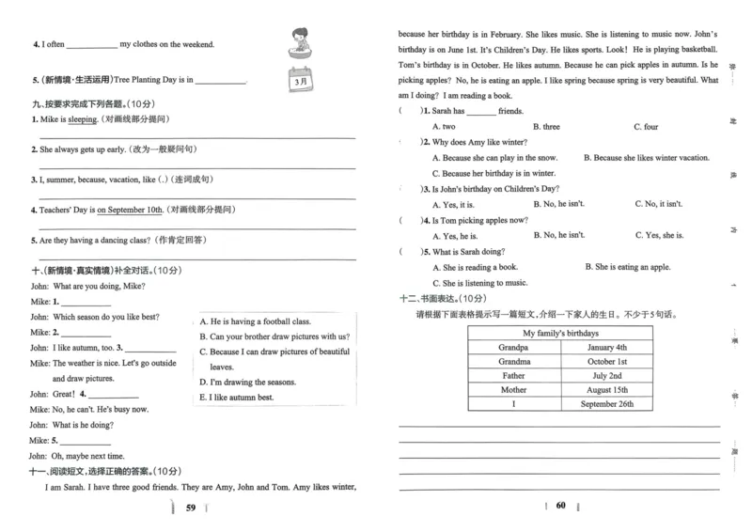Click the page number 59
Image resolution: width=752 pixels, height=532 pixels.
tap(191, 509)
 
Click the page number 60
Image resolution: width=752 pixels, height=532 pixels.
tap(560, 508)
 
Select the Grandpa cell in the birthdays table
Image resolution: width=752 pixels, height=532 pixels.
tap(513, 347)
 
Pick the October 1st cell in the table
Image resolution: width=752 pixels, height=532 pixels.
tap(606, 361)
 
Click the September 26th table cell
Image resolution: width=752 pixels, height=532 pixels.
tap(606, 404)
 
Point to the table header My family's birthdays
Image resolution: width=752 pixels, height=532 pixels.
tap(560, 333)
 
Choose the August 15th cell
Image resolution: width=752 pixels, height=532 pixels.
tap(606, 390)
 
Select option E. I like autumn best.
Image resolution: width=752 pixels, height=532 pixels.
tap(237, 398)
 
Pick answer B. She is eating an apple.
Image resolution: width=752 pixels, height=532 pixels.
tap(627, 267)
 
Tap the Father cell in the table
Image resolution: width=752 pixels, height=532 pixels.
tap(513, 375)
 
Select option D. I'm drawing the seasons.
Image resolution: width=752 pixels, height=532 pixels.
tap(248, 383)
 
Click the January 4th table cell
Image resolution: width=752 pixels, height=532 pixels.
tap(606, 347)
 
